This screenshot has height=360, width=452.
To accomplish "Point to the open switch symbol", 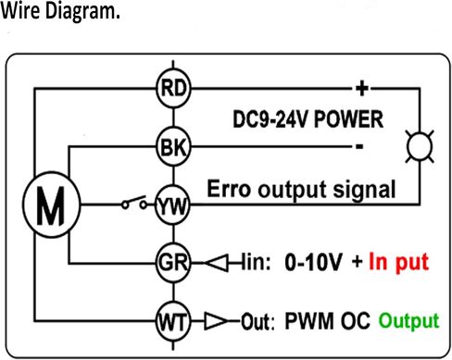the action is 134,203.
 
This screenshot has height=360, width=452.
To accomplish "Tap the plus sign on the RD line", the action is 362,89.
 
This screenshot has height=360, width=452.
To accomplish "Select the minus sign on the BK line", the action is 359,146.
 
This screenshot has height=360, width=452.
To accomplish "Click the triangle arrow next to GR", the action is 217,263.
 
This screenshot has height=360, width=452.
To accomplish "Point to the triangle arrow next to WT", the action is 216,321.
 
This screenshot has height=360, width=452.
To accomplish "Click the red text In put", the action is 399,262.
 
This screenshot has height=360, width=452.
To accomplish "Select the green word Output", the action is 408,321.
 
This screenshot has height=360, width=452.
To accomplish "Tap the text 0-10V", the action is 313,262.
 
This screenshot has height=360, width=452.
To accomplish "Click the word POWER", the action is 348,119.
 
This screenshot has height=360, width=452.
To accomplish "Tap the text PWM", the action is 309,321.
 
